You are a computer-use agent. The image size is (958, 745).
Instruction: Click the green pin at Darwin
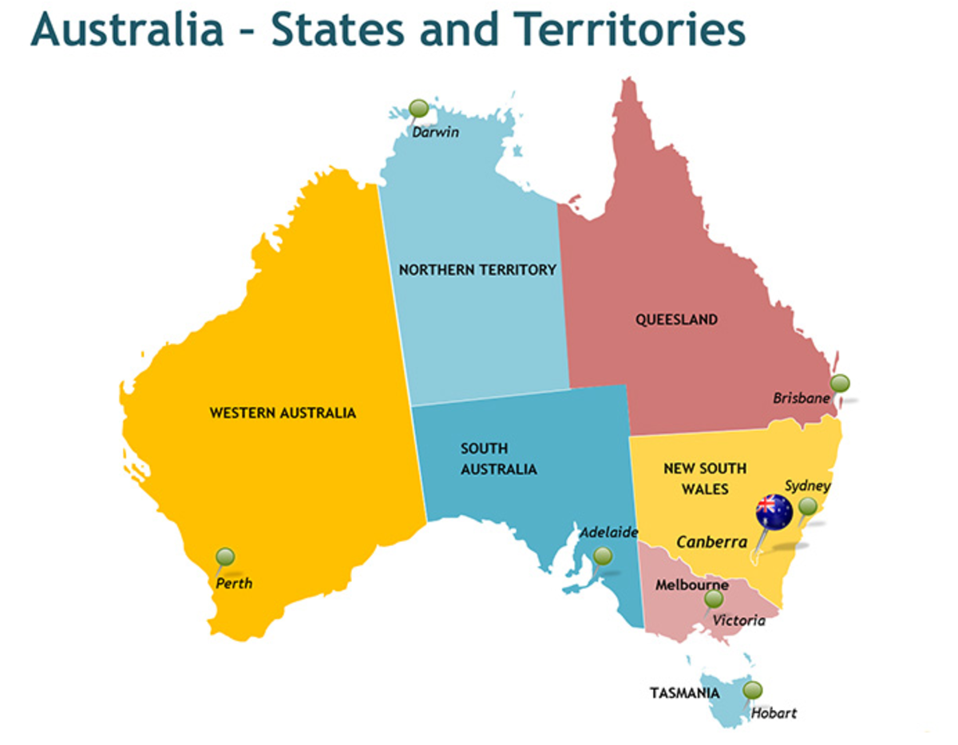tap(418, 108)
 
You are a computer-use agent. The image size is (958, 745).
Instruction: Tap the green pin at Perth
tap(225, 557)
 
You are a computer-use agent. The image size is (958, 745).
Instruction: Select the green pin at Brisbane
tap(840, 383)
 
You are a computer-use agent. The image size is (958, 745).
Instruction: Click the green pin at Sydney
tap(808, 506)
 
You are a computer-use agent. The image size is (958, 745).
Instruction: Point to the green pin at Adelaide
tap(604, 556)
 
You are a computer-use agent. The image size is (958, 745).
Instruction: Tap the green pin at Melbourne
tap(714, 599)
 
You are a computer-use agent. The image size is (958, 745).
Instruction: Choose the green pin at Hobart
tap(752, 690)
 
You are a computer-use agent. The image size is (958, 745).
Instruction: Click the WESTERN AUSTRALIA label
tap(283, 413)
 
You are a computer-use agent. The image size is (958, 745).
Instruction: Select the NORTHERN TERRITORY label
tap(477, 270)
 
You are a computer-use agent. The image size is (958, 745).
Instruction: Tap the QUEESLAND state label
tap(676, 319)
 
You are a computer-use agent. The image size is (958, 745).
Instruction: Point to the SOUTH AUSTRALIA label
tap(498, 459)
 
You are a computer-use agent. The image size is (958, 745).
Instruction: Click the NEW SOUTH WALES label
tap(705, 478)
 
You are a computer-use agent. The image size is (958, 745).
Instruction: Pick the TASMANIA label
tap(684, 693)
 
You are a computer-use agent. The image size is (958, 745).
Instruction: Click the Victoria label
tap(739, 620)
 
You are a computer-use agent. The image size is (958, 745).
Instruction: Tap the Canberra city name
tap(712, 542)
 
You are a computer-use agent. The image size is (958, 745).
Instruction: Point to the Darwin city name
tap(436, 132)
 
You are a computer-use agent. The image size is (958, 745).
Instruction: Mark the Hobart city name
tap(774, 713)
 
